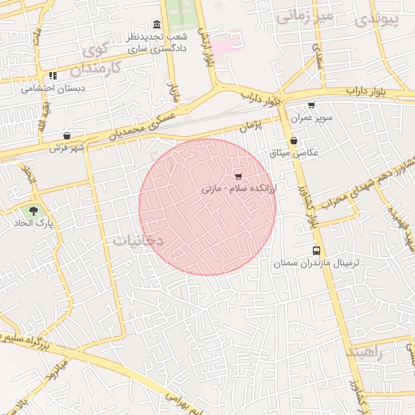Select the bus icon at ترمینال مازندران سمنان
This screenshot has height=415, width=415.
pyautogui.click(x=316, y=251)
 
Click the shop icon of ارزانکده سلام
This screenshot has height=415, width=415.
pyautogui.click(x=237, y=175)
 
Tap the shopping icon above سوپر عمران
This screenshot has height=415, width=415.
pyautogui.click(x=311, y=105)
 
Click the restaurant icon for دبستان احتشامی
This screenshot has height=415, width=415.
pyautogui.click(x=53, y=75)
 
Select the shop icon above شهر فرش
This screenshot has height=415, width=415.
pyautogui.click(x=66, y=136)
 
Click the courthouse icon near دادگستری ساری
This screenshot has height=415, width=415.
pyautogui.click(x=156, y=24)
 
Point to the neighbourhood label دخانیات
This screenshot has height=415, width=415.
pyautogui.click(x=138, y=241)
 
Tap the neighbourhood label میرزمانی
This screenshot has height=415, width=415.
pyautogui.click(x=304, y=16)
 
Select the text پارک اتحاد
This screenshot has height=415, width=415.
pyautogui.click(x=33, y=222)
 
